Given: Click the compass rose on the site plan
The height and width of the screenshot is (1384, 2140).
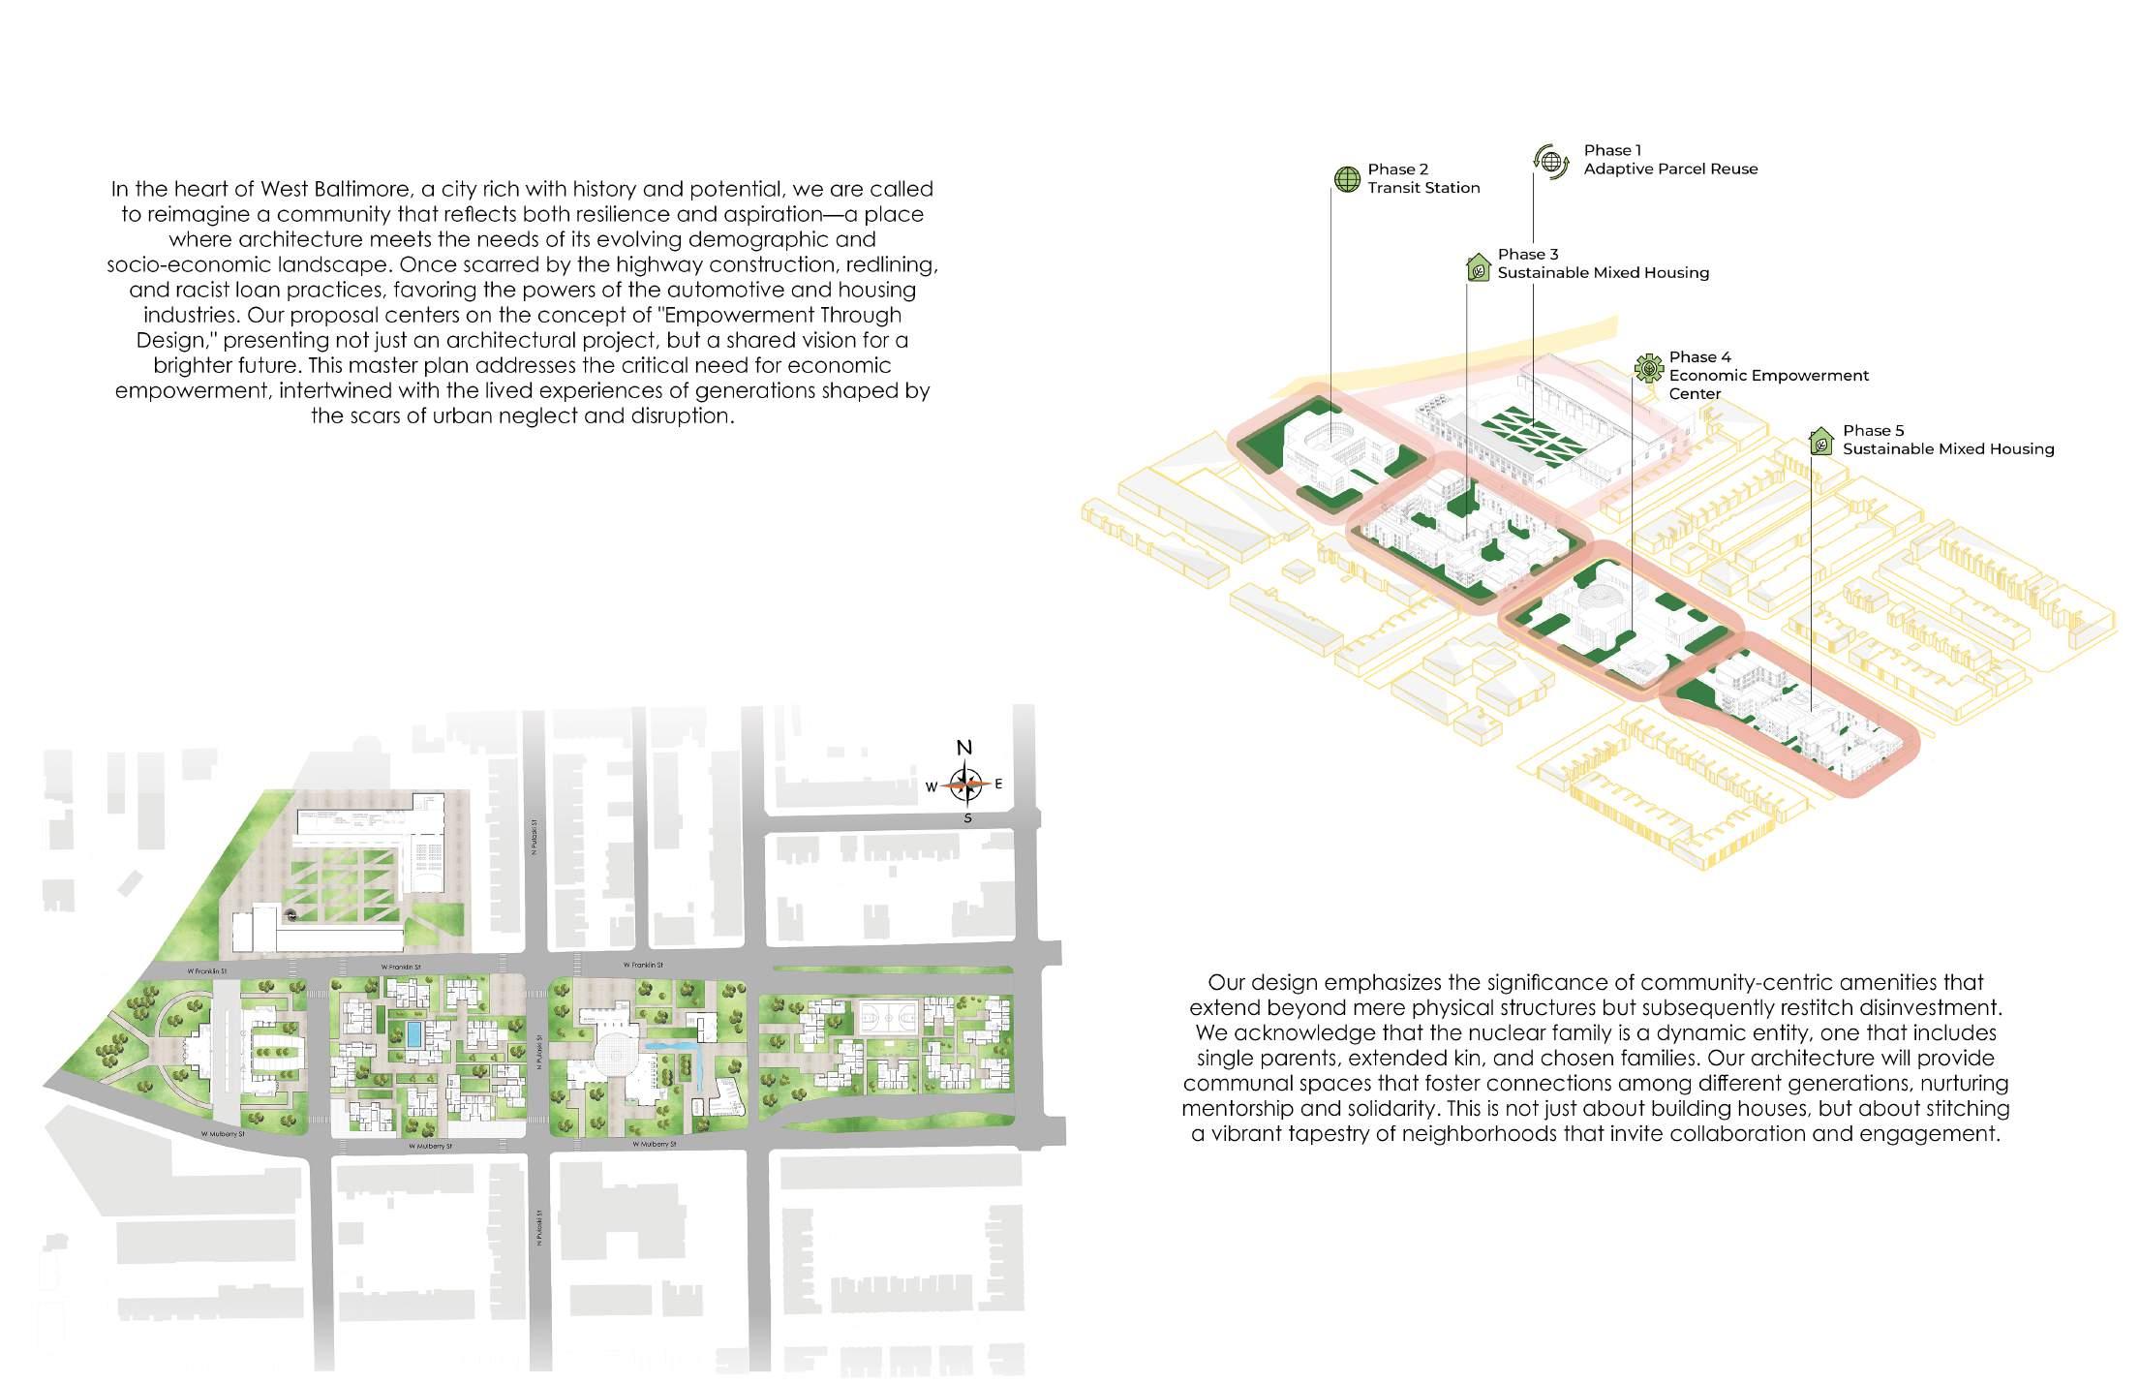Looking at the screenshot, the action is point(965,784).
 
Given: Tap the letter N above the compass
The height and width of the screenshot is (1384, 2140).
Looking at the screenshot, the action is point(964,748).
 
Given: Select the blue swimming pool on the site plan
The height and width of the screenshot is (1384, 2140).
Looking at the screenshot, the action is point(414,1032).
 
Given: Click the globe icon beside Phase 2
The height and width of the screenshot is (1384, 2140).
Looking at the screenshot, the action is point(1347,179).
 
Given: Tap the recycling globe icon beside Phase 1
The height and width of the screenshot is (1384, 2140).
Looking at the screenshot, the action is point(1551,161).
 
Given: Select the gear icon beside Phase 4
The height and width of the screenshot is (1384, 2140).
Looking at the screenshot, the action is point(1648,368).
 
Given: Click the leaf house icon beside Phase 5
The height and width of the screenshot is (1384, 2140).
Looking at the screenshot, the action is point(1821,442).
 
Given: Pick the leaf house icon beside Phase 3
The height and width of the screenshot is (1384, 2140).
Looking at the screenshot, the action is point(1478,266).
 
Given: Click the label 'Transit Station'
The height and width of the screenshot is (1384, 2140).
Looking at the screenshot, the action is point(1423,188).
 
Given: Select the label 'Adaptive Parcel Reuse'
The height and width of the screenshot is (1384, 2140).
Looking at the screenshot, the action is point(1670,169).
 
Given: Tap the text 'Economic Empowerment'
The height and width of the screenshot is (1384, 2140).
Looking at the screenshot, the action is point(1768,376).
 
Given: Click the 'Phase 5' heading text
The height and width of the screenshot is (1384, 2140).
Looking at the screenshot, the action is point(1873,431).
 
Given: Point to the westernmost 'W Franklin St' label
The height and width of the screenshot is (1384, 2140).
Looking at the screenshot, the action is point(207,970).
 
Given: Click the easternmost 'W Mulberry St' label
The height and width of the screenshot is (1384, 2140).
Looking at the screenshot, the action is point(655,1144).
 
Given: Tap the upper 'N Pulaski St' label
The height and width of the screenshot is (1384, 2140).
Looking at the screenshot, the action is point(534,839).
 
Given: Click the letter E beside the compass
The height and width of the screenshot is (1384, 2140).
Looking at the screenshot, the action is point(998,784).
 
